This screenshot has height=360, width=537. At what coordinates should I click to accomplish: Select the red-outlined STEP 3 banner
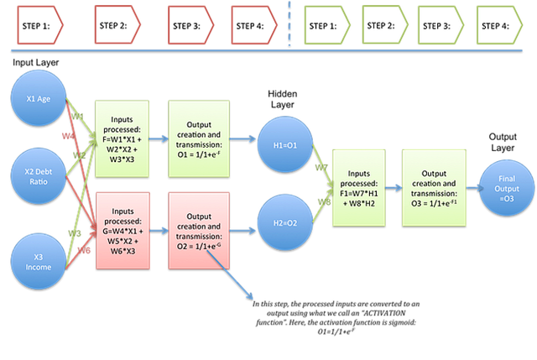click(x=191, y=25)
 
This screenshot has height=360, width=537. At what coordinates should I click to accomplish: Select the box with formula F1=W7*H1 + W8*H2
click(x=360, y=186)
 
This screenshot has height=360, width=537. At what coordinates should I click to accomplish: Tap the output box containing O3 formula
click(x=431, y=186)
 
